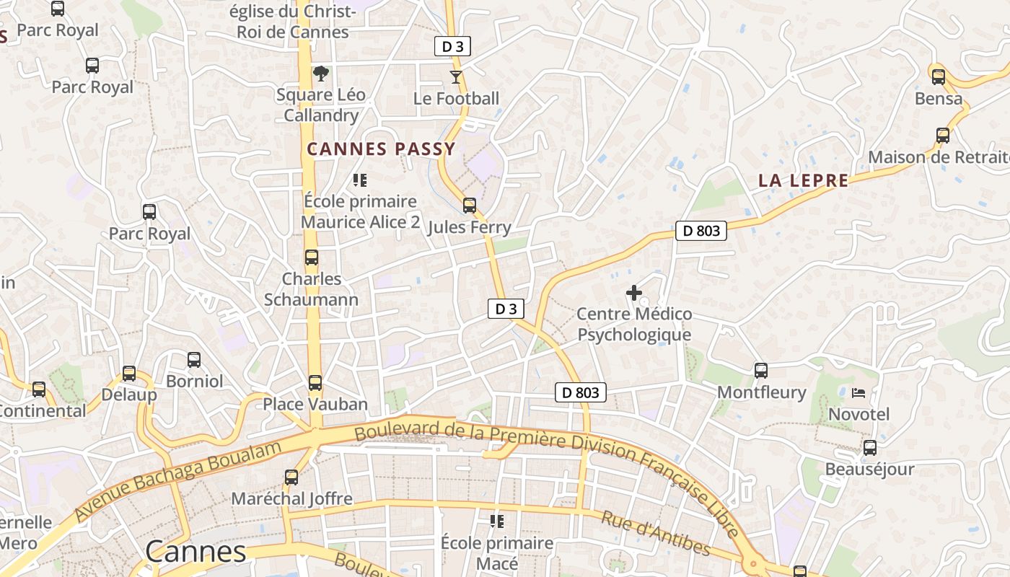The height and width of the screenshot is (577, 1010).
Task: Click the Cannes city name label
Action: tap(196, 552)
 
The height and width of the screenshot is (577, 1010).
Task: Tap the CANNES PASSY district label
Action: tap(381, 149)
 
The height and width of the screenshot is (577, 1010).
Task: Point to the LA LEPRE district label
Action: tap(803, 180)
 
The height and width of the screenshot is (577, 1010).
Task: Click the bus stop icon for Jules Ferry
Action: tap(470, 206)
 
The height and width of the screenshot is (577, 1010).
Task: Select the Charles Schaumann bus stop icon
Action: tap(312, 257)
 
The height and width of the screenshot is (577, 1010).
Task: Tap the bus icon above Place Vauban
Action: tap(315, 383)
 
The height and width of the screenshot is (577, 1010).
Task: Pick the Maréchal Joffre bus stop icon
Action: tap(291, 477)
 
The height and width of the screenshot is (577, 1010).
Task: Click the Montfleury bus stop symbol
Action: tap(761, 371)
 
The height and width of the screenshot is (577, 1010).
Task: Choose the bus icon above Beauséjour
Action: tap(870, 448)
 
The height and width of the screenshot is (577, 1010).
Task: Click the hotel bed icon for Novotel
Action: tap(858, 393)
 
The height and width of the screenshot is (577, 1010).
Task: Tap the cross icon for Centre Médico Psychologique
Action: tap(634, 293)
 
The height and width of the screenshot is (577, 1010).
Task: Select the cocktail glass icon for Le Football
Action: tap(456, 76)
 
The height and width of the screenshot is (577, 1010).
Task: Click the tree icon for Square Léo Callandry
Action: tap(321, 73)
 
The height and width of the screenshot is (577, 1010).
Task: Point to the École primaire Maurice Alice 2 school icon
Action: tap(360, 180)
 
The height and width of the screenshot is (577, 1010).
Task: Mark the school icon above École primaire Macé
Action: tap(497, 521)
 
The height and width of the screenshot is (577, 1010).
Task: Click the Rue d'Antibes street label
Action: tap(655, 534)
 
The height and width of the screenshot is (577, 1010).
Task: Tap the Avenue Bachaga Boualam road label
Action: tap(177, 481)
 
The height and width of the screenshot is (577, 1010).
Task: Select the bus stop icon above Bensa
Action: tap(939, 76)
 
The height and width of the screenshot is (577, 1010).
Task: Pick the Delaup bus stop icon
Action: tap(129, 374)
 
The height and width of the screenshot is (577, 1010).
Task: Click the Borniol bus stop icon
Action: tap(194, 360)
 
